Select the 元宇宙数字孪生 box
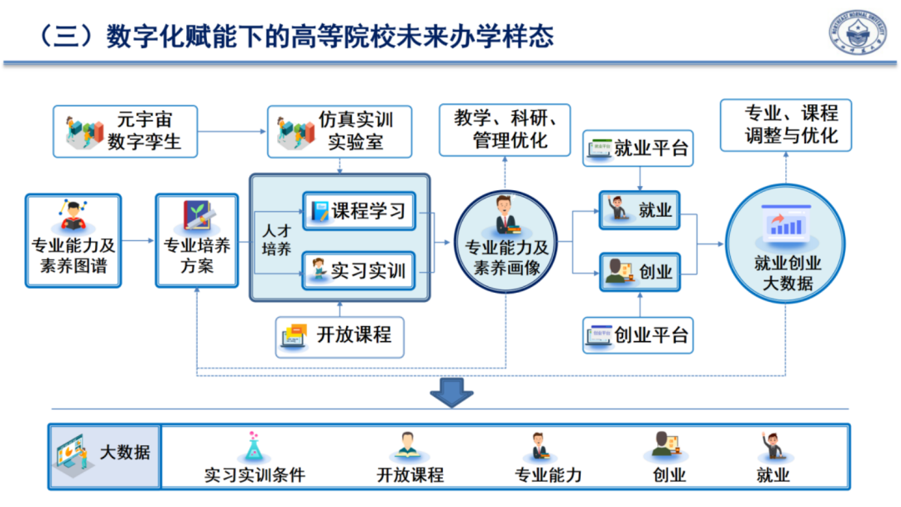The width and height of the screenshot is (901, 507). click(x=125, y=131)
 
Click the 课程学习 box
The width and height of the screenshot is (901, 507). click(x=358, y=211)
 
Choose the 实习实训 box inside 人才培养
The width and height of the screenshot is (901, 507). click(x=358, y=270)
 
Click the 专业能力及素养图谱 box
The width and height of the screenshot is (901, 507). click(x=73, y=241)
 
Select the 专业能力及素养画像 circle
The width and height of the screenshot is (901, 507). click(x=506, y=241)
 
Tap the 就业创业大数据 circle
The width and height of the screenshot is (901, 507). click(x=787, y=243)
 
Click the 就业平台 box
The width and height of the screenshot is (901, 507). click(x=639, y=148)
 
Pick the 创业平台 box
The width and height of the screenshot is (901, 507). click(x=639, y=335)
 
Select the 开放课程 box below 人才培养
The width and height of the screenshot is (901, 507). click(x=340, y=336)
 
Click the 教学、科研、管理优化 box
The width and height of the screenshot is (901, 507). click(x=504, y=129)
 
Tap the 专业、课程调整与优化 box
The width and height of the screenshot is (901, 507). click(x=786, y=125)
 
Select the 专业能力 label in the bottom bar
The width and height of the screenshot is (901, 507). click(x=548, y=475)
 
